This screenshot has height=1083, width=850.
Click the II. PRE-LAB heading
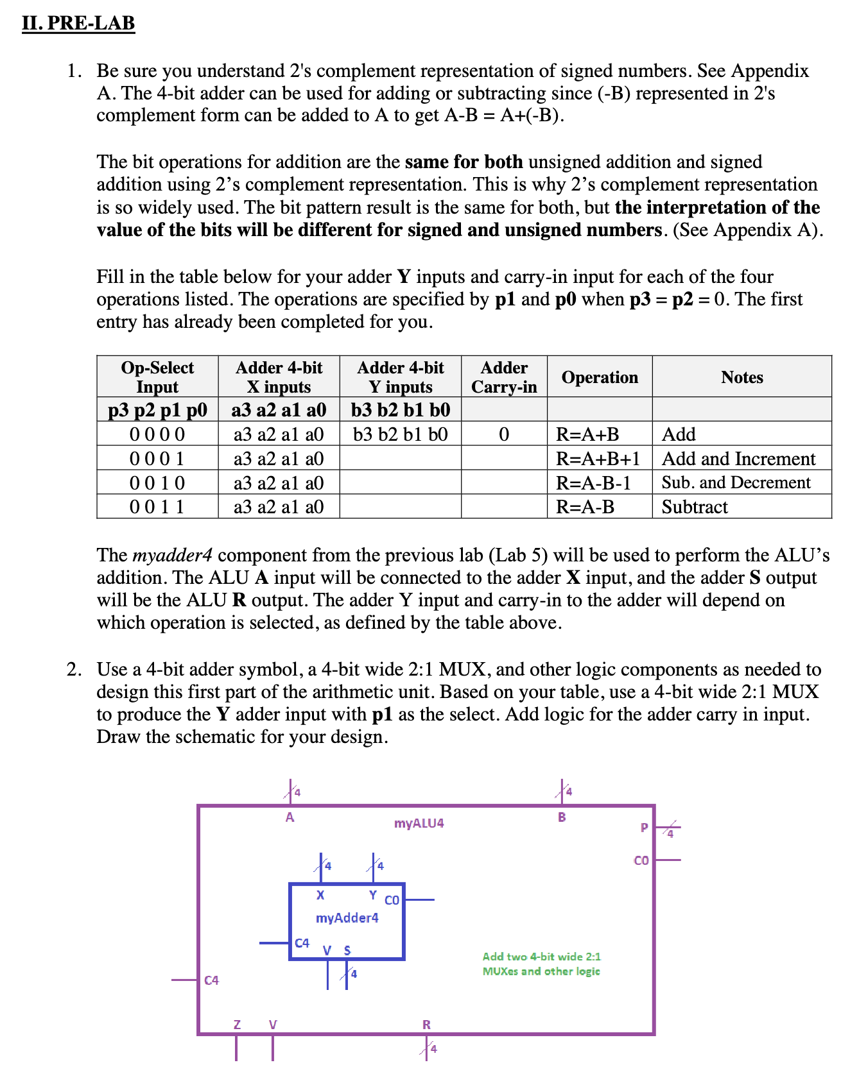click(x=78, y=23)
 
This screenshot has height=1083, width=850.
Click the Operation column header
click(x=600, y=377)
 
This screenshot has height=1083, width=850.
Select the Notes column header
click(x=742, y=377)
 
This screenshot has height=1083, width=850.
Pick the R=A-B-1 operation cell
click(x=594, y=482)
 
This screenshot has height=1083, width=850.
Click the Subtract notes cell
click(x=695, y=507)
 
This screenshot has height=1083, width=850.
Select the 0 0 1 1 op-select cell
click(x=157, y=507)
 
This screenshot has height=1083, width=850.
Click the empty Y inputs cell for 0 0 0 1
click(x=400, y=459)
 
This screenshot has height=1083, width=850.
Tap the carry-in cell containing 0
click(x=504, y=434)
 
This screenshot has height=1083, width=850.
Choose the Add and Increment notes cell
click(x=738, y=459)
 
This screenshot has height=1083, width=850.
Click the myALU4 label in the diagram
click(x=419, y=823)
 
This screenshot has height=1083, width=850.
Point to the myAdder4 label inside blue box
click(x=347, y=918)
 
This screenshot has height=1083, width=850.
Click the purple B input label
click(x=562, y=817)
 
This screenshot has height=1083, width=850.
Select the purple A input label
click(x=290, y=817)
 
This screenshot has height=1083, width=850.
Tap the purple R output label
click(x=426, y=1025)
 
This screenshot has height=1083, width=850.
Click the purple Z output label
click(x=237, y=1025)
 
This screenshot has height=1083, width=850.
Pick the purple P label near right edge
click(x=644, y=828)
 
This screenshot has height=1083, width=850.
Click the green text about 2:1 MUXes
click(x=541, y=964)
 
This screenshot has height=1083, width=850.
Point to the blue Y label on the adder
click(x=372, y=894)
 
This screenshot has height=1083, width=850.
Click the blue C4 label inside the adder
click(x=302, y=943)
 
